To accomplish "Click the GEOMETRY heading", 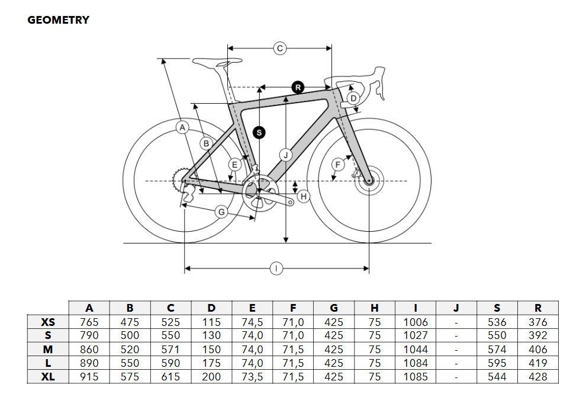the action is (58, 20).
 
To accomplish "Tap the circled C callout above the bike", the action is (279, 48).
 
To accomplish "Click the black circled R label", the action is (298, 88).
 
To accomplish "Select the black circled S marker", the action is (259, 133).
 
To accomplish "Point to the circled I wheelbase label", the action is (276, 268).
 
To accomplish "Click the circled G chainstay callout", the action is (221, 212).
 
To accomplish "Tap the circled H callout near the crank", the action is (304, 196).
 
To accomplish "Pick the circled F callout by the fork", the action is (338, 165).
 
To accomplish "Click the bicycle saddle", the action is (217, 62).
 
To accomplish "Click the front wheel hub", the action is (369, 181).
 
